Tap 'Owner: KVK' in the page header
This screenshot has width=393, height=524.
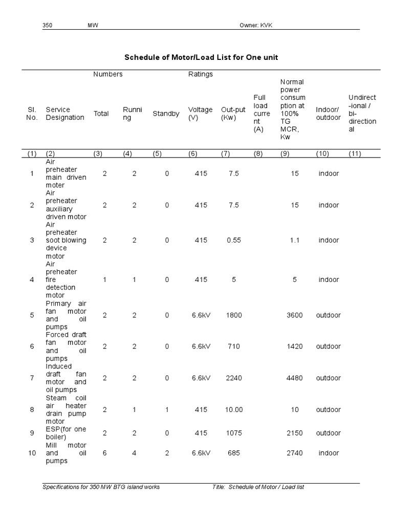256,26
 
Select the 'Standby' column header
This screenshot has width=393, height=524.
166,114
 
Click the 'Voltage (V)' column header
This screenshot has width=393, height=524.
200,114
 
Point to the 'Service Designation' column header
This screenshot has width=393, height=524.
65,114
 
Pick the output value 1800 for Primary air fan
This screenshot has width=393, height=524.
234,315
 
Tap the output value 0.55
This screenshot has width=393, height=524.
234,240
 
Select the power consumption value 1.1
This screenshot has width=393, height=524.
294,240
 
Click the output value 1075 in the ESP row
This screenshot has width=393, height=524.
234,433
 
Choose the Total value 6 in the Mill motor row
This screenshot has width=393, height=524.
105,453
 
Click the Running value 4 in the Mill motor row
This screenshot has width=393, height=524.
134,453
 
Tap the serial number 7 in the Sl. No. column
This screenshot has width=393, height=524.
32,378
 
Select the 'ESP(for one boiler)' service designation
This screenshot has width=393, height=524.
66,433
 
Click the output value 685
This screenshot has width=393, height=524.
234,453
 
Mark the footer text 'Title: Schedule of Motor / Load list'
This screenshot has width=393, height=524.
258,487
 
